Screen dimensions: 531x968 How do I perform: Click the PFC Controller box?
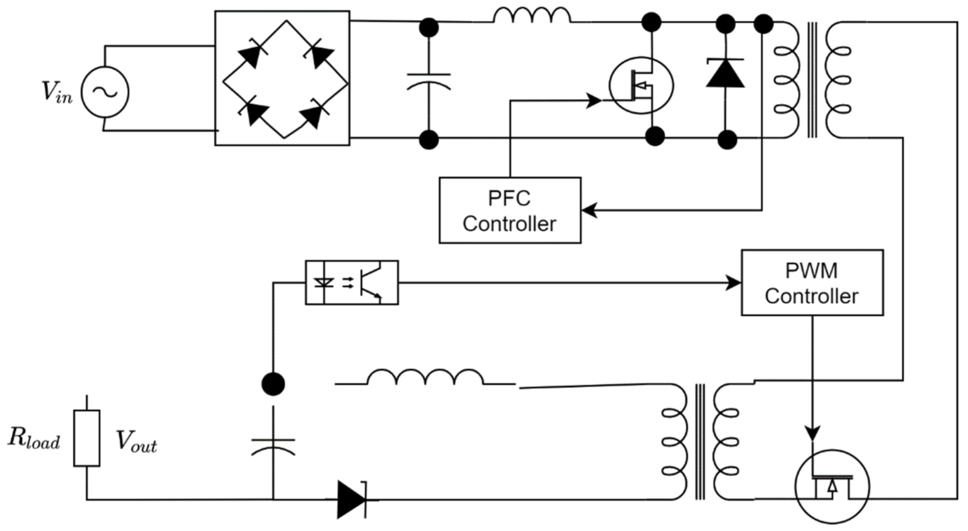click(509, 211)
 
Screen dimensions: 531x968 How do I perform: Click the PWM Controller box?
click(812, 283)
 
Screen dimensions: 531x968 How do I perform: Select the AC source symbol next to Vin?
click(105, 92)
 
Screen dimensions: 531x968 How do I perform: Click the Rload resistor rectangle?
click(86, 438)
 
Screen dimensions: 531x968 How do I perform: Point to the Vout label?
click(135, 441)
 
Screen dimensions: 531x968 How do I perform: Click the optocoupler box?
click(352, 283)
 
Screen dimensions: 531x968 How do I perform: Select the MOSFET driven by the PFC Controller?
click(641, 86)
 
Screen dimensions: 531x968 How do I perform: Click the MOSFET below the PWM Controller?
click(832, 486)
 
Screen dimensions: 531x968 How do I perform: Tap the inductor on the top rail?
click(532, 15)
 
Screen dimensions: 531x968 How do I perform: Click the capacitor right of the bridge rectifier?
click(429, 81)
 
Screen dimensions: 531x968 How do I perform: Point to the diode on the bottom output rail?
click(351, 499)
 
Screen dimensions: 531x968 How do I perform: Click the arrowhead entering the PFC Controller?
click(589, 211)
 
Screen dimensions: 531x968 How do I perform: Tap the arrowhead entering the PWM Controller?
click(734, 283)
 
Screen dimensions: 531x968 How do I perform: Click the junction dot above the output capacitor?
click(273, 383)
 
